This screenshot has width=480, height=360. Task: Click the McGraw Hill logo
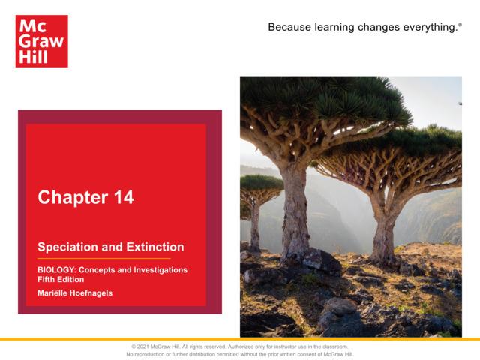(x=41, y=41)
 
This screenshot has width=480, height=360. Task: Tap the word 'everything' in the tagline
(x=426, y=28)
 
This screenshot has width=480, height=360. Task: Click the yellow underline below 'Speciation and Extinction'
(x=104, y=258)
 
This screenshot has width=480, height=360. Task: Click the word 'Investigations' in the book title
(x=160, y=269)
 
